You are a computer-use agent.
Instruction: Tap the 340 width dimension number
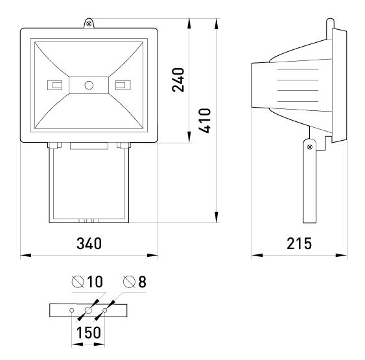[x=89, y=243]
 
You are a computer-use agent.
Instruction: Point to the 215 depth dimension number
[x=299, y=243]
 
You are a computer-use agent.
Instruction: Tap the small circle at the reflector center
[x=89, y=85]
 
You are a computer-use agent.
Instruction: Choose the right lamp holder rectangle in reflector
[x=122, y=85]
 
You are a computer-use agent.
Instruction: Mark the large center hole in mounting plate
[x=89, y=311]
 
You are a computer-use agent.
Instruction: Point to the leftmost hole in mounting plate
[x=72, y=311]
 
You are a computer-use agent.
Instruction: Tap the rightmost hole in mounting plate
[x=105, y=311]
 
